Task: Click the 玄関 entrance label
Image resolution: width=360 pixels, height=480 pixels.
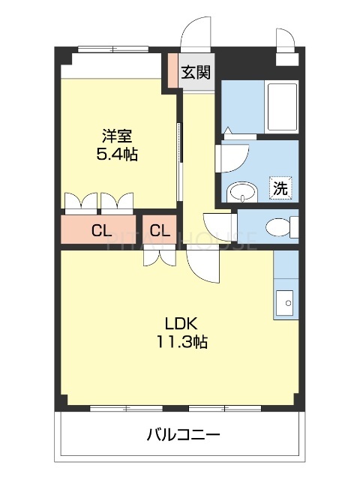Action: pos(196,73)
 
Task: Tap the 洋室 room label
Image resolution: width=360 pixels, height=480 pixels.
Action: pos(117,136)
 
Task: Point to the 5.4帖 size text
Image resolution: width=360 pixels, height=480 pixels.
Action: pos(117,155)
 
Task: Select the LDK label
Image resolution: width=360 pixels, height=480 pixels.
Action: pos(181,324)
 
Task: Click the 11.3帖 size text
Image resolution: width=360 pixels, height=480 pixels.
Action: pos(181,342)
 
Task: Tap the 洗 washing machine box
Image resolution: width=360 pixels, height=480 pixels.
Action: pos(280,188)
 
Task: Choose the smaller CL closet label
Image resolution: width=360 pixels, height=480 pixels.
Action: pos(159,230)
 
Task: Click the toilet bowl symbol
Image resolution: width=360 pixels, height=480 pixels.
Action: pos(280,226)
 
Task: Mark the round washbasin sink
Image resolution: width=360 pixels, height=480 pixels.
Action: pos(240,192)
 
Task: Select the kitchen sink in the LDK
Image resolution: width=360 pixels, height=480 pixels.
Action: pos(286,303)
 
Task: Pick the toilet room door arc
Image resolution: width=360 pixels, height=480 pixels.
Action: pos(219,225)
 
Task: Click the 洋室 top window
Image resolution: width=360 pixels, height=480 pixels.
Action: pos(112,50)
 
